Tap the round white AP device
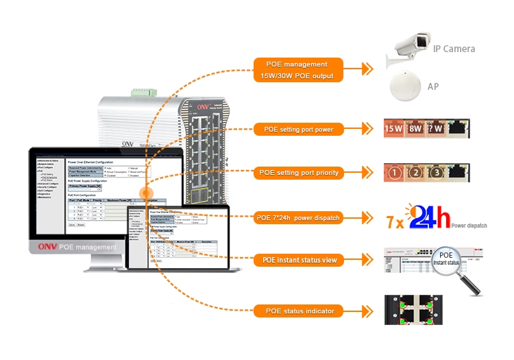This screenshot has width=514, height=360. [x=405, y=88]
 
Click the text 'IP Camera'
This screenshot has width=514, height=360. [x=454, y=49]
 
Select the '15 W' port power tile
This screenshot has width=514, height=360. [x=394, y=128]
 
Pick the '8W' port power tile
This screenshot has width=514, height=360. [x=415, y=128]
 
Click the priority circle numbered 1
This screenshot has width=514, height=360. [x=394, y=173]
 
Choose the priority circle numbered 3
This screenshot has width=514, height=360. [x=437, y=173]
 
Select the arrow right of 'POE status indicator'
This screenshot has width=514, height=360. [x=367, y=311]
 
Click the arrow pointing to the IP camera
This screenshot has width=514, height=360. [x=367, y=69]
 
